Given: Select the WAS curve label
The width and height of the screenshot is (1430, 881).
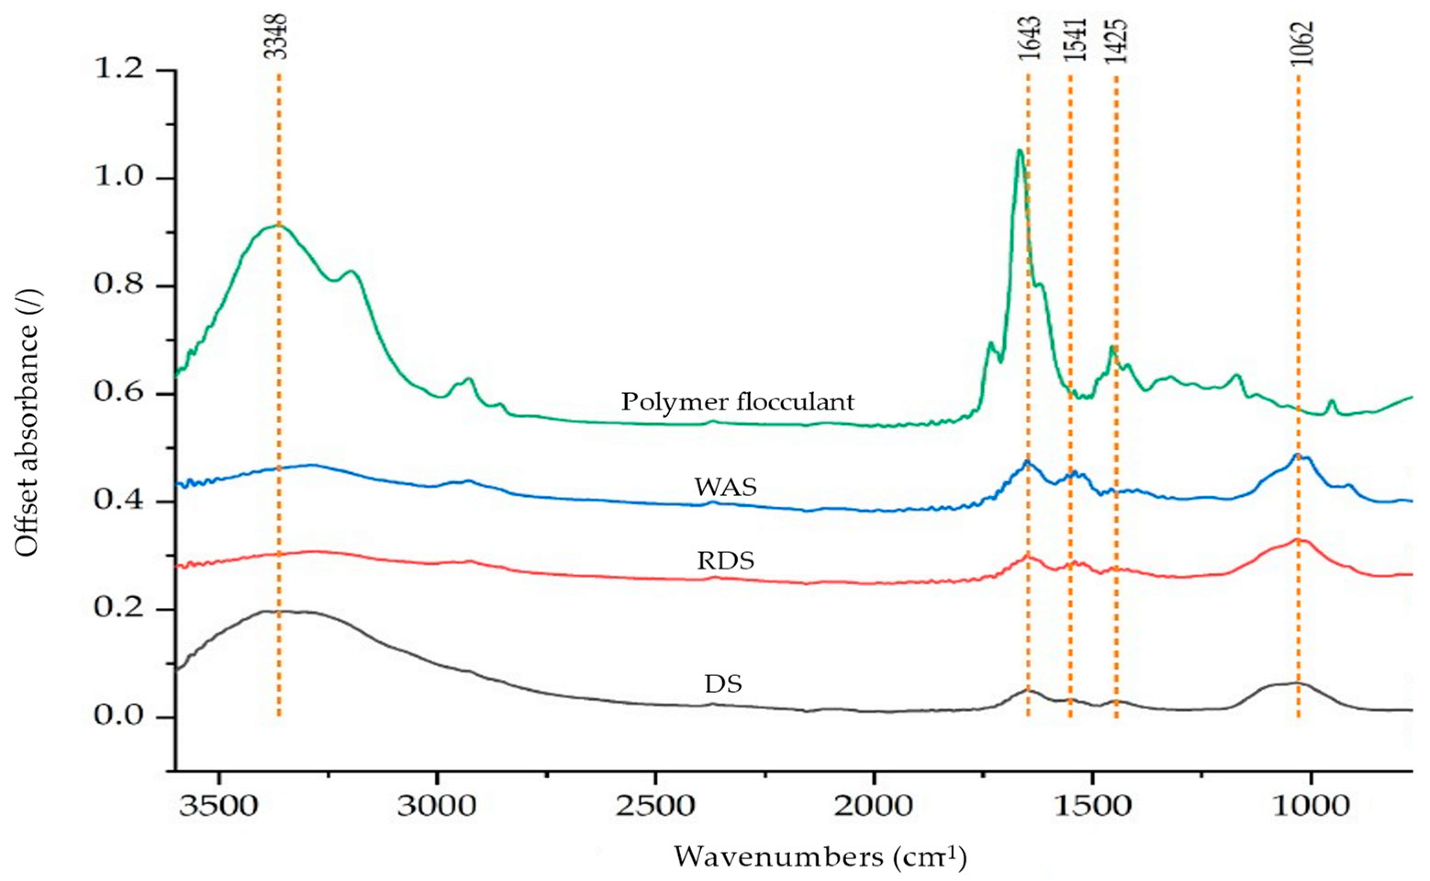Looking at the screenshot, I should point(725,487).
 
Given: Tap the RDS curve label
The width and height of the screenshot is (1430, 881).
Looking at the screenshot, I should point(725,561).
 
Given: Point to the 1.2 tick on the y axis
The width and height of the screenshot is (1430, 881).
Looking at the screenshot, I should point(119,71).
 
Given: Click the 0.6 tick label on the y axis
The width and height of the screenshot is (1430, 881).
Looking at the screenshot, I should point(119,394).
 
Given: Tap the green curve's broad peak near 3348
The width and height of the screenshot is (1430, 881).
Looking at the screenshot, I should point(274,226).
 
